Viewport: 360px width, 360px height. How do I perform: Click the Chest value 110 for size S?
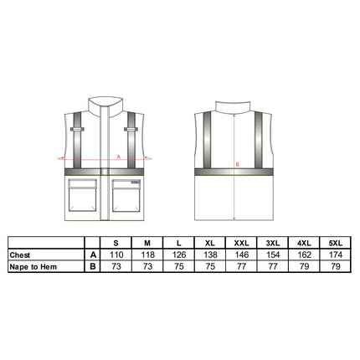[x=116, y=255]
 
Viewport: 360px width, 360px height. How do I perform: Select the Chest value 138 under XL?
[x=210, y=255]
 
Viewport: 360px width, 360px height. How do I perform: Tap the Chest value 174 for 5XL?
[x=335, y=255]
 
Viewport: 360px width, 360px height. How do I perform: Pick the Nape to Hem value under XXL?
[x=241, y=266]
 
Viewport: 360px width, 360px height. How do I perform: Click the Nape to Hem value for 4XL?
[x=304, y=266]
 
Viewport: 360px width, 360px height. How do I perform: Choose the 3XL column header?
[x=273, y=243]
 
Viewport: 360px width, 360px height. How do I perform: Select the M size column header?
[x=147, y=243]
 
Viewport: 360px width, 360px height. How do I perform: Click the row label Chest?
[x=20, y=255]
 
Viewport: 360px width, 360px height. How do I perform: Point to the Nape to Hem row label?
[x=33, y=267]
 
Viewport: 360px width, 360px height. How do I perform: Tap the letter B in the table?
[x=93, y=266]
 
